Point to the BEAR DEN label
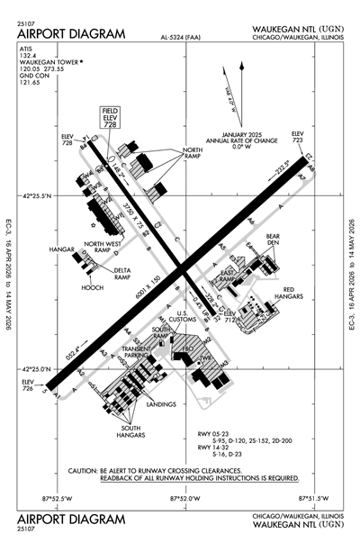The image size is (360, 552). pyautogui.click(x=274, y=241)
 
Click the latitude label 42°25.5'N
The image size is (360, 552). pyautogui.click(x=39, y=195)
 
